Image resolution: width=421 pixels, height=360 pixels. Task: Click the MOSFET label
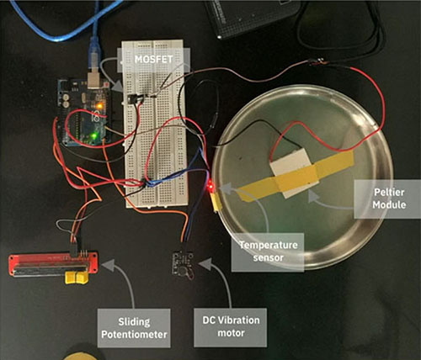153,59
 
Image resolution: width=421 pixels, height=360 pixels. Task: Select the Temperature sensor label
268,251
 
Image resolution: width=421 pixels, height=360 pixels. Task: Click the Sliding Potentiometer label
134,328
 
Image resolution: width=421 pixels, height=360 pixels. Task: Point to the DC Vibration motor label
231,327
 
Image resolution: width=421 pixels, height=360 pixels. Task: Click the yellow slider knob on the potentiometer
77,278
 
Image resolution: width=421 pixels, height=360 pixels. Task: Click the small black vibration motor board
183,265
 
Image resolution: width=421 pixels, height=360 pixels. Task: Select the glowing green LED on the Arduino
93,136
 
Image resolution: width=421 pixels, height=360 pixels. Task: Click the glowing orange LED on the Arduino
99,106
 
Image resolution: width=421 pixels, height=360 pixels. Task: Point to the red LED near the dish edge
210,186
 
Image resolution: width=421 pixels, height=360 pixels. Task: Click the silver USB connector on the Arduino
94,81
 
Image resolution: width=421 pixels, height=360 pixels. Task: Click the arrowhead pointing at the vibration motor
205,264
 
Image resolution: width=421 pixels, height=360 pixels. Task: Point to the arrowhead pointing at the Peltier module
313,197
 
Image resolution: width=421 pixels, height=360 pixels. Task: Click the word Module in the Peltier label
389,204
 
